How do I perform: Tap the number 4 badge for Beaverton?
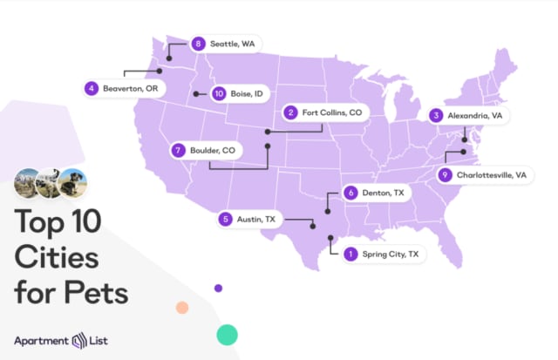click(91, 88)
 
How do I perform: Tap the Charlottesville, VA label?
click(494, 175)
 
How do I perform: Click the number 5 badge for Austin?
click(226, 220)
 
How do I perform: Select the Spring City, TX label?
click(391, 255)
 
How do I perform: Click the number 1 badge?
click(350, 255)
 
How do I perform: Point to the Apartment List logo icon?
click(80, 340)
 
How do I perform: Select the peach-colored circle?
click(182, 307)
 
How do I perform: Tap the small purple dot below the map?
click(218, 288)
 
